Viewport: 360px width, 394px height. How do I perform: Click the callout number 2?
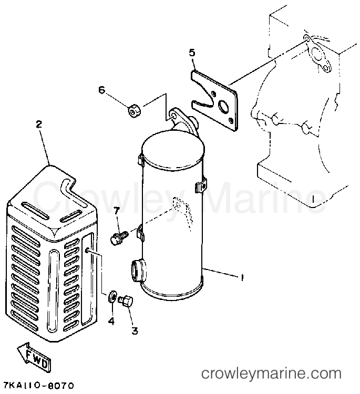[x=39, y=125]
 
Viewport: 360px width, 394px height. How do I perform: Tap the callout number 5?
[x=192, y=53]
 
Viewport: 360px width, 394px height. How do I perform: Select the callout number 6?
[x=101, y=90]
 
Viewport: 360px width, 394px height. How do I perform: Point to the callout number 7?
[x=116, y=211]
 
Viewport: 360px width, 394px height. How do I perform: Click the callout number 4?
[x=111, y=321]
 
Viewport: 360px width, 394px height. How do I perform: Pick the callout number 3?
[x=135, y=330]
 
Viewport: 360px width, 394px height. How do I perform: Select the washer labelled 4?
[x=112, y=297]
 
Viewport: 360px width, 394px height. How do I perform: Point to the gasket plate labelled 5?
[x=214, y=100]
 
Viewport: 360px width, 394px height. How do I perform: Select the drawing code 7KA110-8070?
[x=38, y=385]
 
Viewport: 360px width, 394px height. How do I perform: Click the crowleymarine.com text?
[x=272, y=374]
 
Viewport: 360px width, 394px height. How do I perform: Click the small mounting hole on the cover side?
[x=87, y=251]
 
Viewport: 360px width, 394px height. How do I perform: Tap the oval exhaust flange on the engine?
[x=318, y=54]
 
